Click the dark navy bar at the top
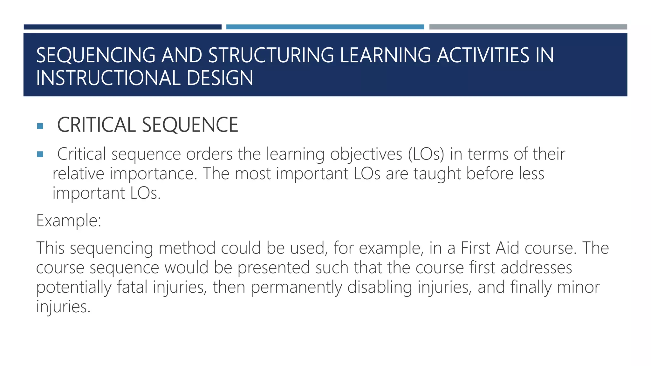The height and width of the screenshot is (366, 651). tap(122, 27)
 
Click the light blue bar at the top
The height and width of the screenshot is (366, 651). tap(325, 27)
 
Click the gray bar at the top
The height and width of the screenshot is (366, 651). tap(528, 27)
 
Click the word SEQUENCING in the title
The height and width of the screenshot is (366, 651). tap(96, 55)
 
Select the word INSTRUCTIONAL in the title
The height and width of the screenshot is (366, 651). tap(108, 78)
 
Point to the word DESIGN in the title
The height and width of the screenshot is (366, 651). tap(220, 78)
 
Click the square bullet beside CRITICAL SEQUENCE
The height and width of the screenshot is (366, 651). tap(40, 126)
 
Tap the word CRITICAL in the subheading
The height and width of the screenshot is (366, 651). tap(96, 125)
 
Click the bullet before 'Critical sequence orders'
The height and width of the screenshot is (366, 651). tap(40, 155)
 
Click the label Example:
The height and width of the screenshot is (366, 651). tap(69, 220)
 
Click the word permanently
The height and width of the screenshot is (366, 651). tap(296, 287)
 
